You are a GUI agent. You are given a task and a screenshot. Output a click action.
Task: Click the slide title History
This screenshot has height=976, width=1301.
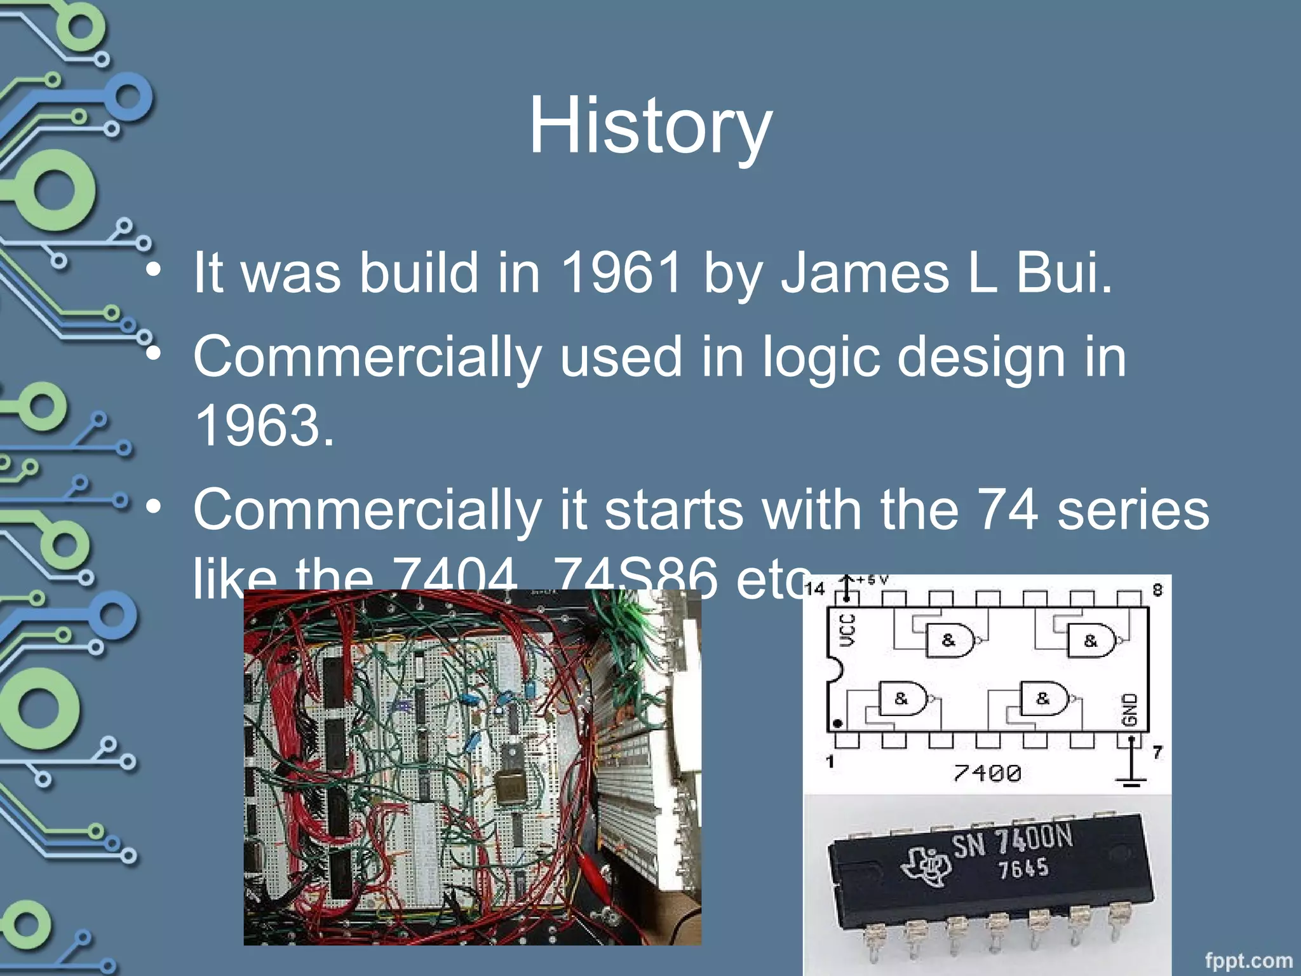pos(650,126)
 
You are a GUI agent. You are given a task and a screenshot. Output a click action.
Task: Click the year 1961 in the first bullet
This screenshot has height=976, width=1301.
pos(622,273)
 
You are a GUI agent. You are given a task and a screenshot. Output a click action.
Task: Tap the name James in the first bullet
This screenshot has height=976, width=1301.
pos(865,273)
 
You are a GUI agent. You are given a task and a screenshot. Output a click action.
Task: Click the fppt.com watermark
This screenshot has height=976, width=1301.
pos(1248,960)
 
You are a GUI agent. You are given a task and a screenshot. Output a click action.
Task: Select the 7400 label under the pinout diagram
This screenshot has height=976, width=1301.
pos(987,773)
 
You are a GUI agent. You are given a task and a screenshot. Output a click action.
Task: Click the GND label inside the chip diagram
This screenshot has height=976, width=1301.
pos(1129,710)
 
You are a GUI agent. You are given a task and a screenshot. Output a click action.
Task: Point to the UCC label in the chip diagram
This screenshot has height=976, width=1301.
pos(847,630)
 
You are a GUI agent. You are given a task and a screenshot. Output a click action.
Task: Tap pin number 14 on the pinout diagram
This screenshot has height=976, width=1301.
pos(814,589)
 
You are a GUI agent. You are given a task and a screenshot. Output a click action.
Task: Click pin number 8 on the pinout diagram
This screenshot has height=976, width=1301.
pos(1157,590)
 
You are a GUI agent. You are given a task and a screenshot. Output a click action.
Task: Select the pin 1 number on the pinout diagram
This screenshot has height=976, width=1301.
pos(830,761)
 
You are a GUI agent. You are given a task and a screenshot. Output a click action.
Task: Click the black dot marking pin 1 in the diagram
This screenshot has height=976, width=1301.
pos(838,723)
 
